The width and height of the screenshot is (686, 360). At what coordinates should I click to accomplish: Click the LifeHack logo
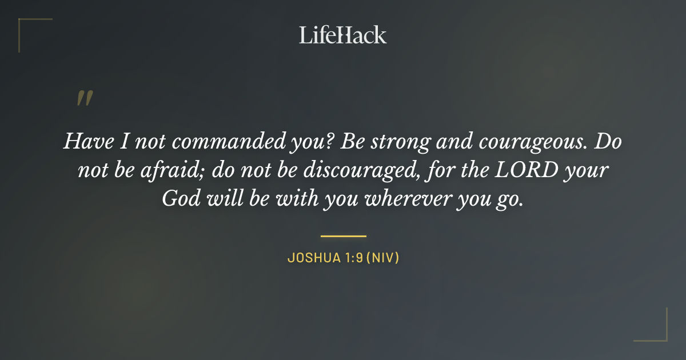coord(342,35)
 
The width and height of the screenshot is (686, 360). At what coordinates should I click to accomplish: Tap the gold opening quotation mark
coord(84,99)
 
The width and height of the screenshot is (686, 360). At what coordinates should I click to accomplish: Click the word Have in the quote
coord(83,141)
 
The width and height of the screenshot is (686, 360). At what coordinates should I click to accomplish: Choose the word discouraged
coord(353,170)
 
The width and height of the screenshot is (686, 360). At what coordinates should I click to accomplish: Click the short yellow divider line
coord(343,235)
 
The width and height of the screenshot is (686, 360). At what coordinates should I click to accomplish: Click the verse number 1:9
coord(350,258)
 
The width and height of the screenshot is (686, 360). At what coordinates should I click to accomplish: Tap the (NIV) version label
coord(382,258)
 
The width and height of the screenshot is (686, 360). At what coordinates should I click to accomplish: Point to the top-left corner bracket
coord(23,23)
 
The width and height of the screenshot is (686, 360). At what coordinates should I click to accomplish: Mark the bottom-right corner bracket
coord(663,337)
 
